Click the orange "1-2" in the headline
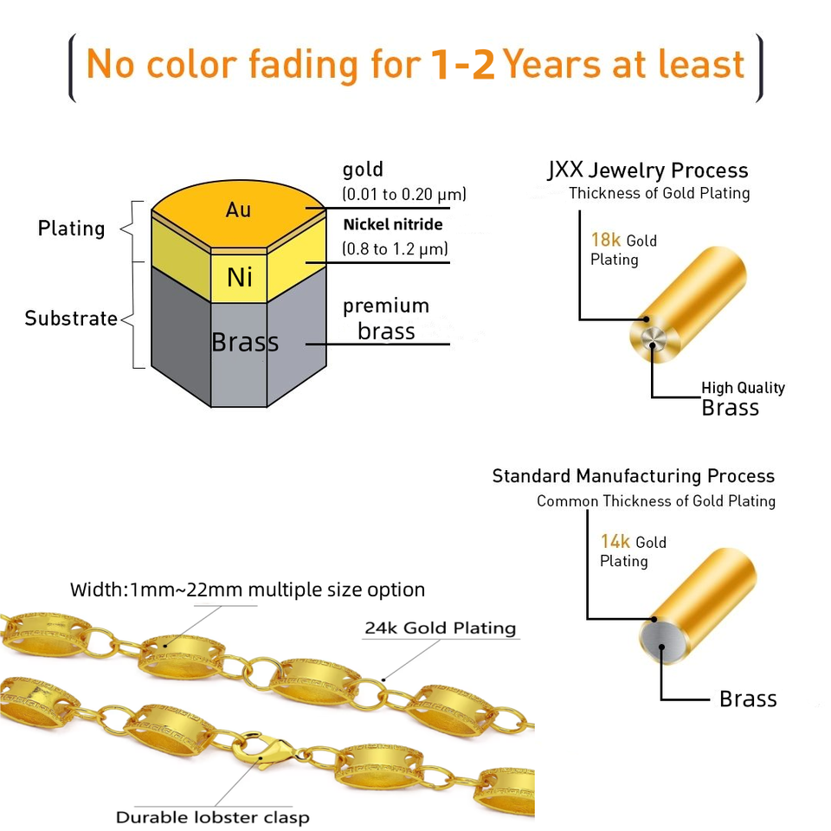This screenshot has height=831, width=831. [x=464, y=66]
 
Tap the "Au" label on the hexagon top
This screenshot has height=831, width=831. [x=238, y=209]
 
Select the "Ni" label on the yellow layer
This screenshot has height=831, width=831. [x=240, y=277]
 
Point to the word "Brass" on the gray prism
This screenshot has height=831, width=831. [x=245, y=343]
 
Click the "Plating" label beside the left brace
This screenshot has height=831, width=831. [x=71, y=229]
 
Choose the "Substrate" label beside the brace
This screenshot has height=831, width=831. [x=71, y=319]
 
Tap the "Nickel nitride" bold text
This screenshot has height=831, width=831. [x=393, y=225]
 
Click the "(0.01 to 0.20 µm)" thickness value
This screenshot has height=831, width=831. [x=404, y=194]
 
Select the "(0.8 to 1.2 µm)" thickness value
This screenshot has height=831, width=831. [x=395, y=249]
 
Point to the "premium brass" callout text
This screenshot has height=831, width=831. [x=386, y=319]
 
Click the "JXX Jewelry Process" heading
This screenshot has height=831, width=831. [x=647, y=171]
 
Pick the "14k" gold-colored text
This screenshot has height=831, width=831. [x=615, y=542]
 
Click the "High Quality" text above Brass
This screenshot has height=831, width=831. [x=743, y=388]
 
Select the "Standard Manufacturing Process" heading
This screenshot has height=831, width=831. [x=633, y=476]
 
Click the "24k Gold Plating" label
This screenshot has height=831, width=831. [x=440, y=628]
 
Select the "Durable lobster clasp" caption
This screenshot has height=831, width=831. [x=212, y=817]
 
